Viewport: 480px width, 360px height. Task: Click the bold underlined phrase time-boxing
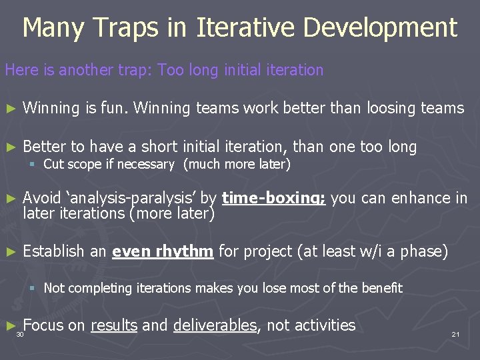[273, 198]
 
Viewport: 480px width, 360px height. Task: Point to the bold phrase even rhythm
[163, 251]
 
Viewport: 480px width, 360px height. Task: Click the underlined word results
[114, 325]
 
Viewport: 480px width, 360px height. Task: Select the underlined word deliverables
[215, 325]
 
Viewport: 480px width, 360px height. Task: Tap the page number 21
[455, 334]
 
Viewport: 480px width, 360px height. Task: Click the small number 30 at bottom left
[20, 334]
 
